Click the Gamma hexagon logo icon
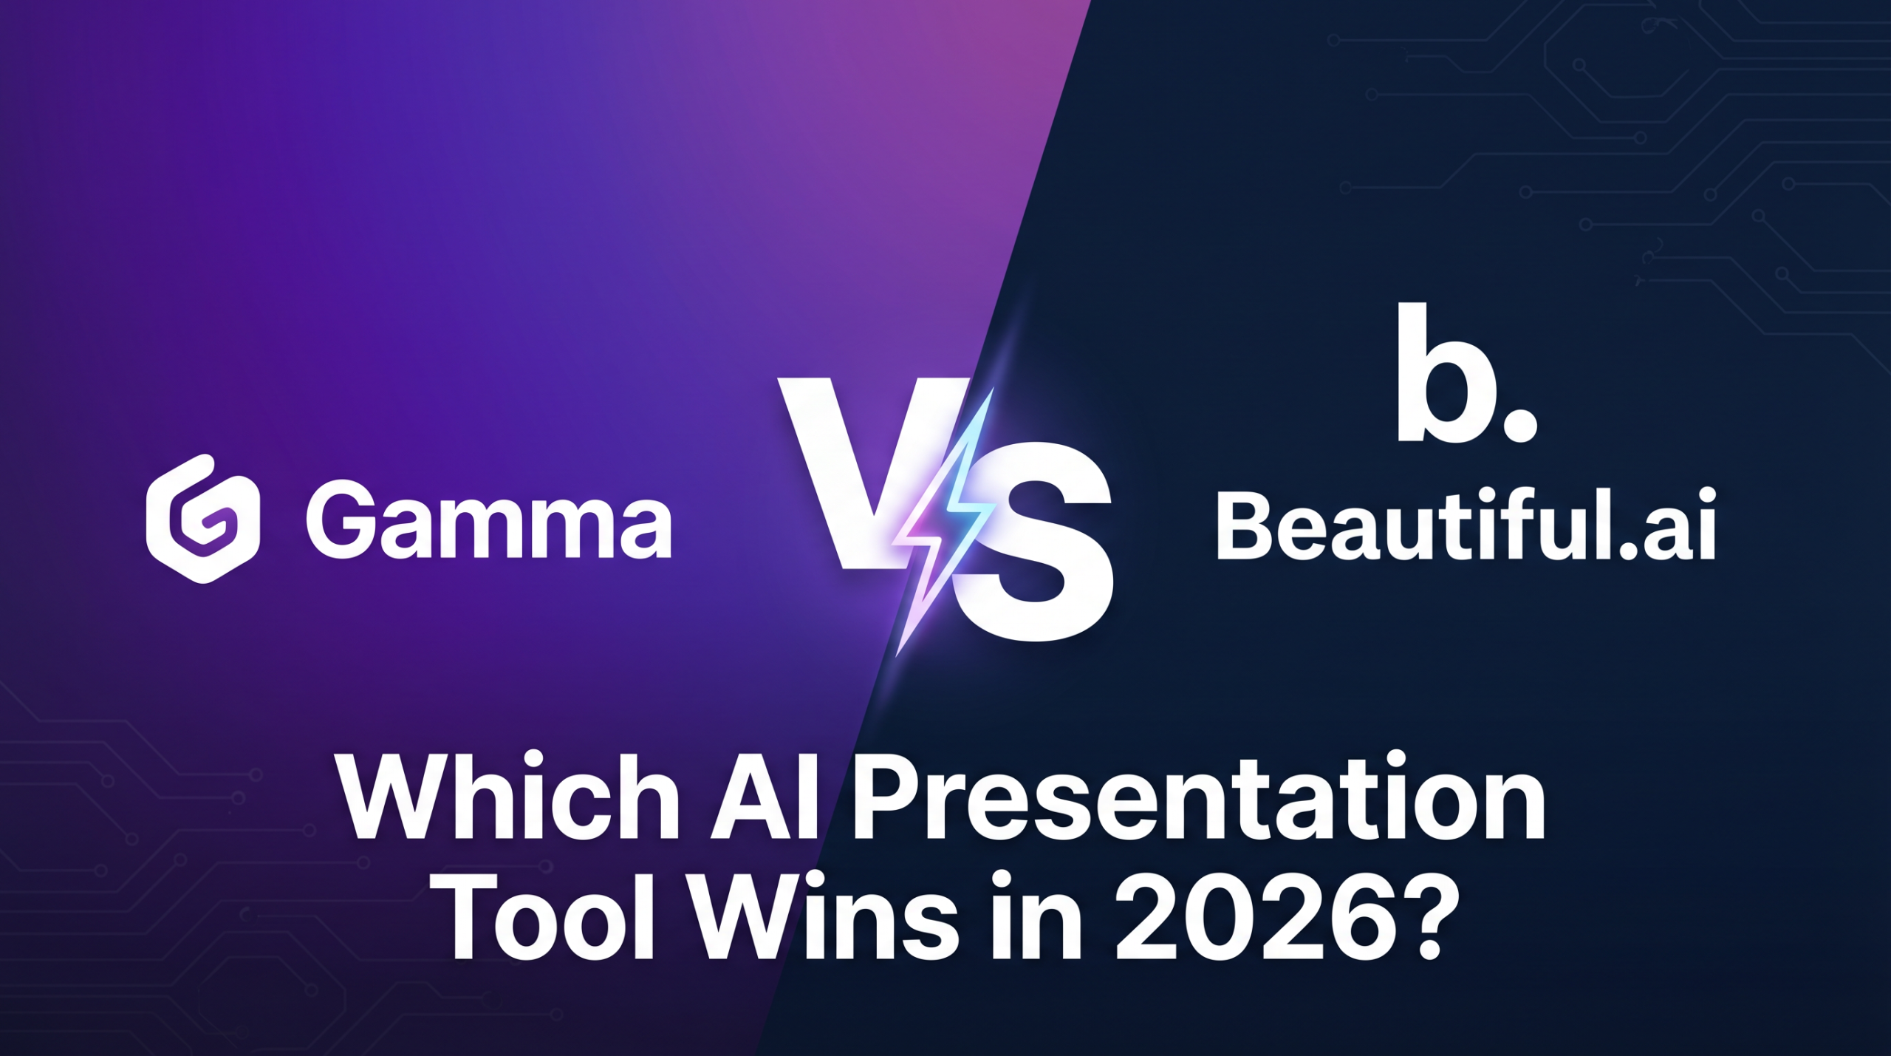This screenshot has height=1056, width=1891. (202, 519)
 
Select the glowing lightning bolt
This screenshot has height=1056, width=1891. (943, 521)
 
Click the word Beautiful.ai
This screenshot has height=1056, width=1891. (1466, 525)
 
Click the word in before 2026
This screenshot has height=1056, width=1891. (1035, 917)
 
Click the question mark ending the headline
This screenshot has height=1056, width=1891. (1415, 917)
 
